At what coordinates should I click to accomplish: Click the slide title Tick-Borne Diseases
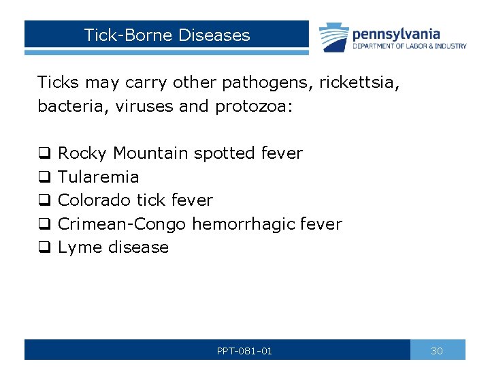click(x=167, y=35)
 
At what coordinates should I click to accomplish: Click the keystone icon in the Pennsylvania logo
click(x=333, y=37)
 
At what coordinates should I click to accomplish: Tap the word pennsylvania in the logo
click(x=396, y=33)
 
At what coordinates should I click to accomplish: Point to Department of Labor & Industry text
click(x=409, y=46)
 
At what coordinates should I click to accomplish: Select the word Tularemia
click(x=99, y=177)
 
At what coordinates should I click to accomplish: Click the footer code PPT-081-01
click(x=244, y=351)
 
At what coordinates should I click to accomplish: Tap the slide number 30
click(x=437, y=351)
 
